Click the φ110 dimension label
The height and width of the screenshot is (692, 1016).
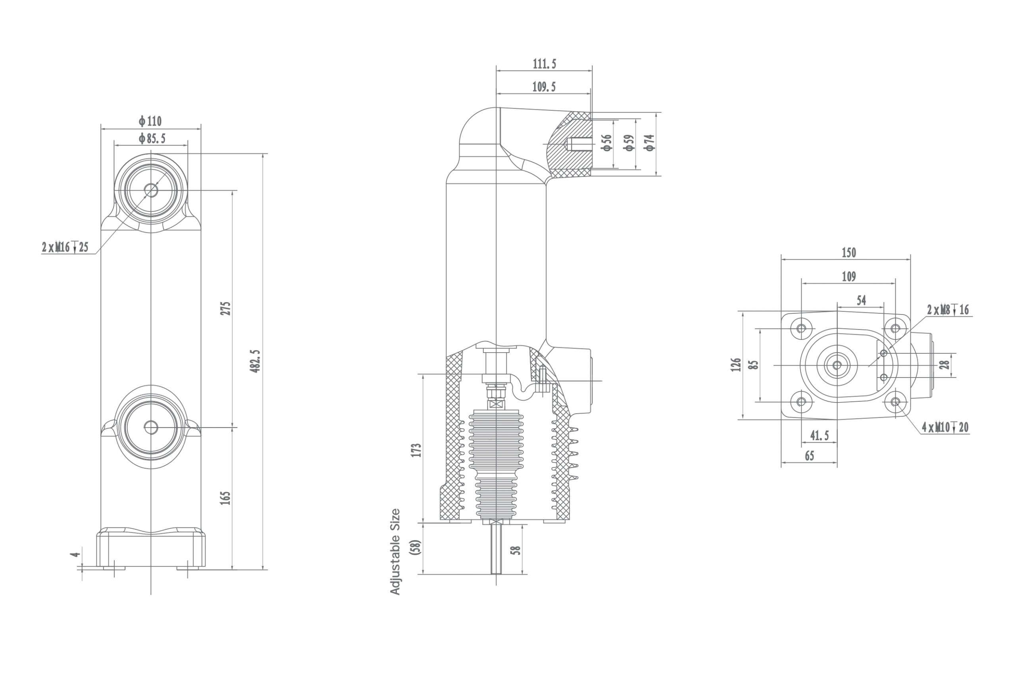click(x=150, y=121)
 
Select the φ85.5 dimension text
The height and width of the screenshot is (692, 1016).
click(x=152, y=139)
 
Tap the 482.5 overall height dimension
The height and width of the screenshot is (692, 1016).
click(x=255, y=361)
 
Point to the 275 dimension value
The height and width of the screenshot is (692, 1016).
click(x=225, y=309)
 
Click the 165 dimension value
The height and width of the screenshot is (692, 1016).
click(x=225, y=498)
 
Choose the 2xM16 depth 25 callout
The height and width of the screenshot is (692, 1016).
click(x=65, y=248)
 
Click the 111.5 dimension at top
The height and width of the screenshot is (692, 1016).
click(x=544, y=64)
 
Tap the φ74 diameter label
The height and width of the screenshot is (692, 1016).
click(x=650, y=143)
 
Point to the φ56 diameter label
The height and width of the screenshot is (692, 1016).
click(x=606, y=143)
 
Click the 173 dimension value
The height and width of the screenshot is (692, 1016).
click(x=416, y=450)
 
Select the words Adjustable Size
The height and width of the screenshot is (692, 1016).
click(x=395, y=551)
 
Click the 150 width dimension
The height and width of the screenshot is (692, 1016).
click(x=849, y=253)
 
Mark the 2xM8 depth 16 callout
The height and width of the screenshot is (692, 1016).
click(x=948, y=310)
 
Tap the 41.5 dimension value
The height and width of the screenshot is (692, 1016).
click(x=819, y=435)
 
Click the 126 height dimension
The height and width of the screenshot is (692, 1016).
click(x=736, y=365)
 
